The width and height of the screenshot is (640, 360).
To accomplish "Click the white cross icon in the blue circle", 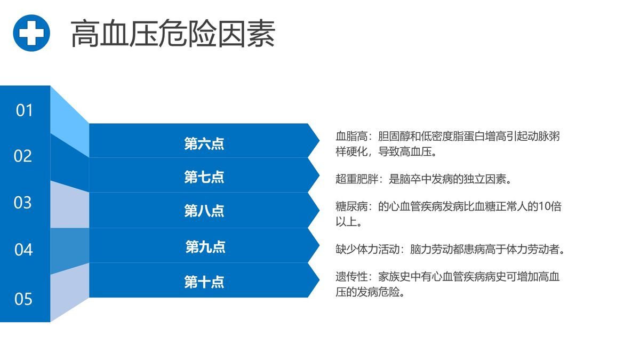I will [x=31, y=33].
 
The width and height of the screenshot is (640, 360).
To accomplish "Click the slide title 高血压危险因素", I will [x=173, y=34].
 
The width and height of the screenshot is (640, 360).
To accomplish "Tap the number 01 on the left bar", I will [x=25, y=110].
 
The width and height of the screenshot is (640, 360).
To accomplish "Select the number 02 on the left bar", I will [x=23, y=156].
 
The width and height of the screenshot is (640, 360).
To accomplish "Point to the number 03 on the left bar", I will [x=23, y=203].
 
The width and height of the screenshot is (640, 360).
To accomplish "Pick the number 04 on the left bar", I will [x=23, y=250].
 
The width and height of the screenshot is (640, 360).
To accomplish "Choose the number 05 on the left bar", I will [x=23, y=299].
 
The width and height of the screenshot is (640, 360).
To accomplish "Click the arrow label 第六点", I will [x=204, y=143].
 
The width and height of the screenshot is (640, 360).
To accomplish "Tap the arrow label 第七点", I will [x=204, y=177].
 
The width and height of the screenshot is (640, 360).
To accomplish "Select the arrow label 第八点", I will [x=204, y=211].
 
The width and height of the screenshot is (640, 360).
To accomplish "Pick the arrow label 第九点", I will [x=205, y=247].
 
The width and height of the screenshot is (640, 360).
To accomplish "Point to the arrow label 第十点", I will [x=204, y=282].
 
